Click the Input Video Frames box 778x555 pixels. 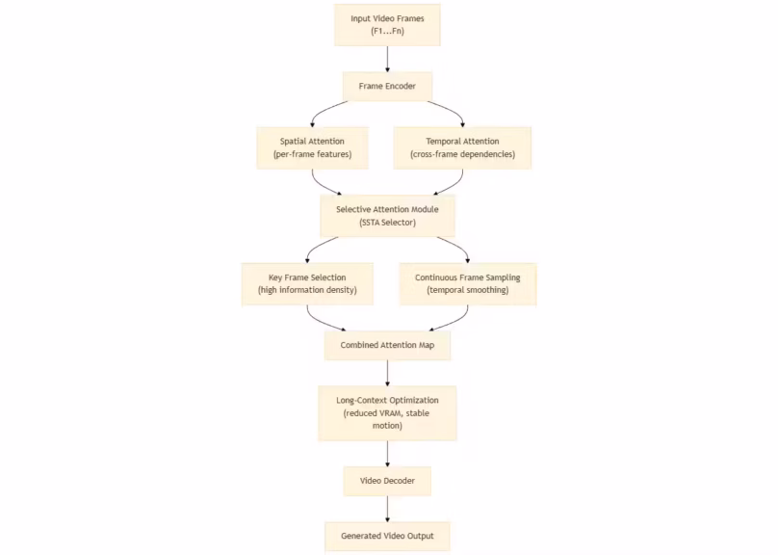coord(387,24)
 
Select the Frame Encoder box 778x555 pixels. coord(387,86)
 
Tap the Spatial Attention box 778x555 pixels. coord(312,147)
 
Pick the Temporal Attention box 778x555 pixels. coord(463,147)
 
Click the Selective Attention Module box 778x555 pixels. coord(387,215)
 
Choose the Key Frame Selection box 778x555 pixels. coord(307,283)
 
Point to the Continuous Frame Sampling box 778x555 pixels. coord(467,283)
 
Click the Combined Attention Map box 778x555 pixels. coord(387,345)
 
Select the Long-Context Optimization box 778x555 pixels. coord(387,412)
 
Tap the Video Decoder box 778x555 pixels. coord(387,481)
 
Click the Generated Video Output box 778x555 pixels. coord(387,536)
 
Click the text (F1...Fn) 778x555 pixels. coord(387,31)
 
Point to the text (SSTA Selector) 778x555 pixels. coord(387,223)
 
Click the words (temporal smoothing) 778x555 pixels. coord(467,290)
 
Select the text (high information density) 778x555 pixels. coord(307,290)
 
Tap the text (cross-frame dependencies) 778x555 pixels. coord(463,154)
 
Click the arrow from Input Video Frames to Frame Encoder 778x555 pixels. coord(387,58)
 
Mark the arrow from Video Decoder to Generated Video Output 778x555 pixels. coord(387,508)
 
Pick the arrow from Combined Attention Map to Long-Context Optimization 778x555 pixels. coord(387,373)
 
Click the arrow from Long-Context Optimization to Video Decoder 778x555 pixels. coord(387,453)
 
